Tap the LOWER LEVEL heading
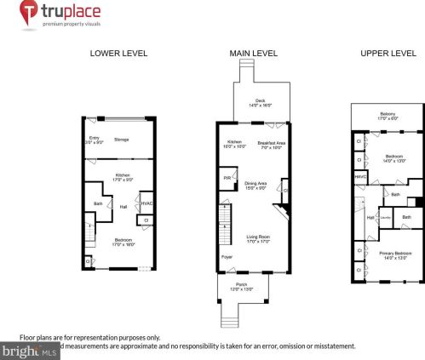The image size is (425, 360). coord(118,53)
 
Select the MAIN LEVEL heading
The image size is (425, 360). coord(253,53)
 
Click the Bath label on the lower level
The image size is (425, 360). coord(98,203)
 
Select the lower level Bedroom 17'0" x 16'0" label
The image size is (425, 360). coord(123,242)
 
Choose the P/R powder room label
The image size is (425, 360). coord(227,178)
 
